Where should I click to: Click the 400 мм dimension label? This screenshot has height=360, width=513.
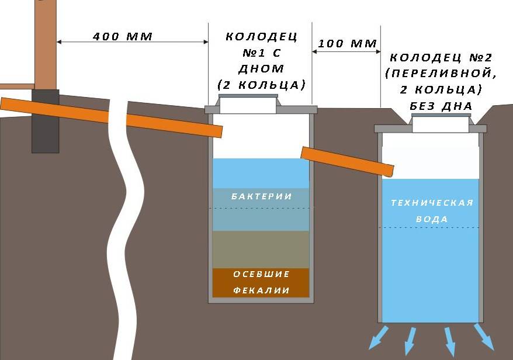pyautogui.click(x=122, y=36)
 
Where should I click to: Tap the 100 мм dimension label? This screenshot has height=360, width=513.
pyautogui.click(x=347, y=43)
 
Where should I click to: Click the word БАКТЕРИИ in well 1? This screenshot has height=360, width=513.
pyautogui.click(x=261, y=196)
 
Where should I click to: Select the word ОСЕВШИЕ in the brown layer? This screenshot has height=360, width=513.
pyautogui.click(x=261, y=274)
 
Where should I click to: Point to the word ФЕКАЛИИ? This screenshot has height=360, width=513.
pyautogui.click(x=261, y=290)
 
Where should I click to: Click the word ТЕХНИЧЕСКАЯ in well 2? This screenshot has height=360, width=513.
pyautogui.click(x=432, y=203)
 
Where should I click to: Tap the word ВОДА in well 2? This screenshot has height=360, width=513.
pyautogui.click(x=432, y=219)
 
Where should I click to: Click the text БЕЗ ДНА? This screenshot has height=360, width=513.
pyautogui.click(x=441, y=106)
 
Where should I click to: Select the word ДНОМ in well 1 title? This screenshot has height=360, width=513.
pyautogui.click(x=261, y=69)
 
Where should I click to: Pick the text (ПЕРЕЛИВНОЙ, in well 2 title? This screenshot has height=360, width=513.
pyautogui.click(x=441, y=73)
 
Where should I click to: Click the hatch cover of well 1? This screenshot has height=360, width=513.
pyautogui.click(x=248, y=96)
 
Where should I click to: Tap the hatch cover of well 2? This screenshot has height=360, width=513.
pyautogui.click(x=441, y=115)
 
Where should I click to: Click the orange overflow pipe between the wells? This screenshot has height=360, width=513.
pyautogui.click(x=347, y=161)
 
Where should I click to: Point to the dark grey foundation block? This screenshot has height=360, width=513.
pyautogui.click(x=46, y=121)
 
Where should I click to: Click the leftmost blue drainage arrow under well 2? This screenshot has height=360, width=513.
pyautogui.click(x=379, y=338)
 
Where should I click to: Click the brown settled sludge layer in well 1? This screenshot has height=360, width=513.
pyautogui.click(x=261, y=283)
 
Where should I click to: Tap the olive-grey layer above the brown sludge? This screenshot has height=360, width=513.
pyautogui.click(x=261, y=250)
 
